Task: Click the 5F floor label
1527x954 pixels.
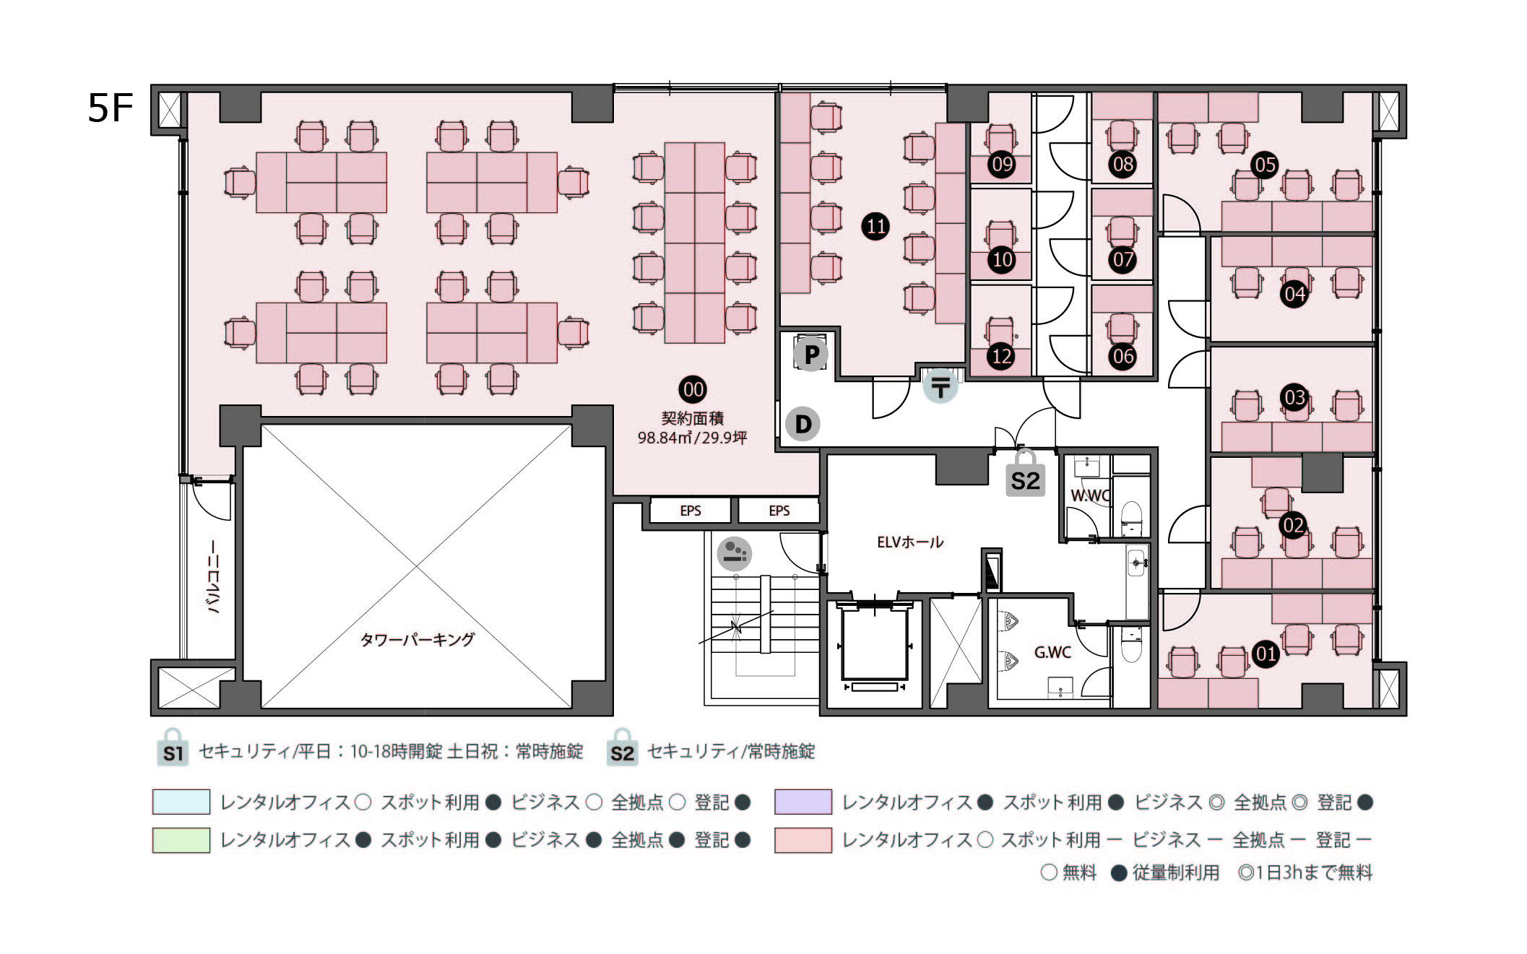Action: (111, 109)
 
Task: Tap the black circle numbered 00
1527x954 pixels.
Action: (693, 390)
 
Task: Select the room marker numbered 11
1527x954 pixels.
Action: (875, 227)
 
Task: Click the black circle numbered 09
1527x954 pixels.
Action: (1002, 165)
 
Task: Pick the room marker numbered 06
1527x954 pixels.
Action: (1122, 356)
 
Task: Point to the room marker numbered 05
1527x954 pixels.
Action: (1265, 165)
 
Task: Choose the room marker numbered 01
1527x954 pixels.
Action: (1265, 654)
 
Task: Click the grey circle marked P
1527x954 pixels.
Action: (811, 355)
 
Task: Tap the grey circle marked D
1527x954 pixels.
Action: (803, 424)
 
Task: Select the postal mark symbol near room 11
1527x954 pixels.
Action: (940, 386)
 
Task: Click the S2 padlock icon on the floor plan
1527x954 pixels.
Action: (1025, 475)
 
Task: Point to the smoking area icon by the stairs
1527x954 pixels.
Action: (734, 554)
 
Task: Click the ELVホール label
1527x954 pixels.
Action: (909, 542)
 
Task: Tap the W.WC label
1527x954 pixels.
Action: (1089, 495)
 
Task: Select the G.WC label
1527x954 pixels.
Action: (1052, 652)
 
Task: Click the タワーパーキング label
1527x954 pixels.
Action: (417, 640)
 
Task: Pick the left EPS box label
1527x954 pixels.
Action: (690, 511)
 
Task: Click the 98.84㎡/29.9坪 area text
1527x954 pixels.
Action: (691, 438)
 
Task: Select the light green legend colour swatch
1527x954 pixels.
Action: (181, 840)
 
